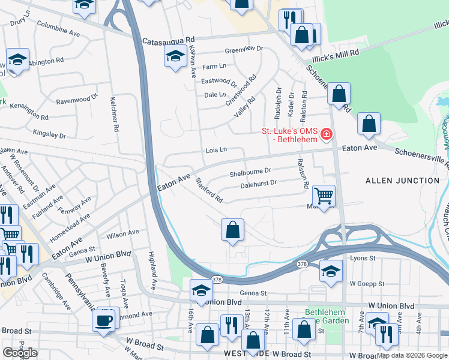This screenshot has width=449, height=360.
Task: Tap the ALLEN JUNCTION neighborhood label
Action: tap(402, 180)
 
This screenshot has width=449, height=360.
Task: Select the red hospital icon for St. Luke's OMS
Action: tap(326, 134)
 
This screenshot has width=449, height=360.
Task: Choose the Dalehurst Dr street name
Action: tap(258, 184)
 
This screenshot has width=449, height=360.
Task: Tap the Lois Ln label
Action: tap(216, 149)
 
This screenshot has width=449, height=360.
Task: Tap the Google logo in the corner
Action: tap(20, 352)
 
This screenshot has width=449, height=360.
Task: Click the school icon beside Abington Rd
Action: tap(18, 59)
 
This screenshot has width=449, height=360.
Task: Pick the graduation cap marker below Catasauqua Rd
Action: tap(175, 56)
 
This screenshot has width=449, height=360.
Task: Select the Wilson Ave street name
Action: tap(122, 232)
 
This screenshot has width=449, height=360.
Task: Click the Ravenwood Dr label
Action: tap(76, 99)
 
